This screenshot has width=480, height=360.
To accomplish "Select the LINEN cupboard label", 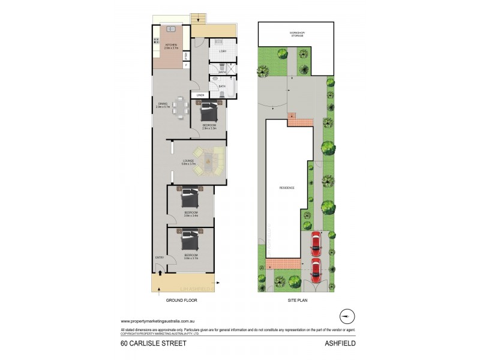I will (x=200, y=95).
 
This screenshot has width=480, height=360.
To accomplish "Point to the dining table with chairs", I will (x=181, y=109).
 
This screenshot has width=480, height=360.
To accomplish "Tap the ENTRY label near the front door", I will (x=160, y=257).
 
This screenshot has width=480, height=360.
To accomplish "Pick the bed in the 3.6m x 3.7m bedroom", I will (x=191, y=241).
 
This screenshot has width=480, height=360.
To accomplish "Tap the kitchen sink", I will (x=156, y=41).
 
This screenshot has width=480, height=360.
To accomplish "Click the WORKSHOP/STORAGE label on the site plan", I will (x=296, y=34).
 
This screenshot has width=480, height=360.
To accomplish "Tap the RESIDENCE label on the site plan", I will (x=286, y=188).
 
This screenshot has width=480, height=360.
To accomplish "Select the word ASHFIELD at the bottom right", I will (x=343, y=344).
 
